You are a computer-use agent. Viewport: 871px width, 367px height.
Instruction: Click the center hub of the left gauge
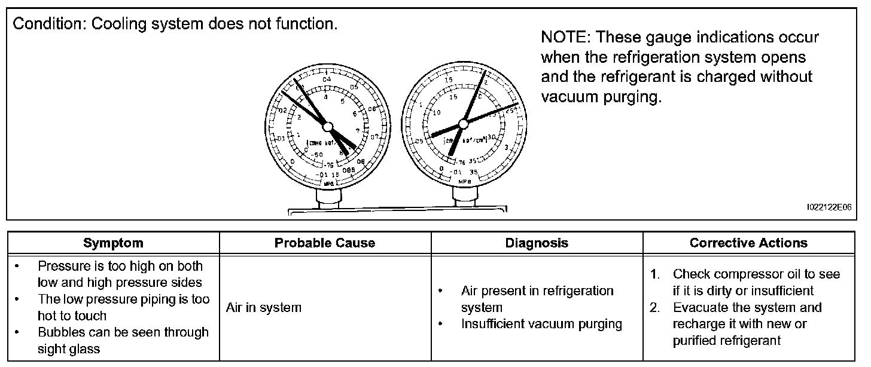[x=327, y=126]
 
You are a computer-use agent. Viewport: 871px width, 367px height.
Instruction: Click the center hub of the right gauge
[x=462, y=124]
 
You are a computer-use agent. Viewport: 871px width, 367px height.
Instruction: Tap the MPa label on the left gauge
[x=328, y=183]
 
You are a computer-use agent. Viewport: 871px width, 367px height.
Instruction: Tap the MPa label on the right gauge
[x=464, y=180]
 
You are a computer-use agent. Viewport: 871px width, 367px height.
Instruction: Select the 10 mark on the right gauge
[x=437, y=112]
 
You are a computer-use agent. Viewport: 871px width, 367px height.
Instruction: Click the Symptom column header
[x=113, y=243]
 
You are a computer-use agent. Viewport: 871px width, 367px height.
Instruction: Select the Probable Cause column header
[x=325, y=243]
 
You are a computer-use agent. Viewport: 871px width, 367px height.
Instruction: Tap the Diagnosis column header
[x=537, y=243]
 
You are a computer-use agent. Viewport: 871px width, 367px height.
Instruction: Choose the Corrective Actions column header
[x=748, y=243]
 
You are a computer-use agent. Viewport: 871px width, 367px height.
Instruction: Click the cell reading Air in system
[x=264, y=308]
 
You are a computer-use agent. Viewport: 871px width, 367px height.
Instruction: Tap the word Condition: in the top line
[x=48, y=25]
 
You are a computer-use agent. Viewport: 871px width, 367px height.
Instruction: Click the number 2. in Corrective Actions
[x=656, y=308]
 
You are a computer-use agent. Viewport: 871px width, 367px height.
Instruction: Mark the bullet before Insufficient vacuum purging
[x=440, y=325]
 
